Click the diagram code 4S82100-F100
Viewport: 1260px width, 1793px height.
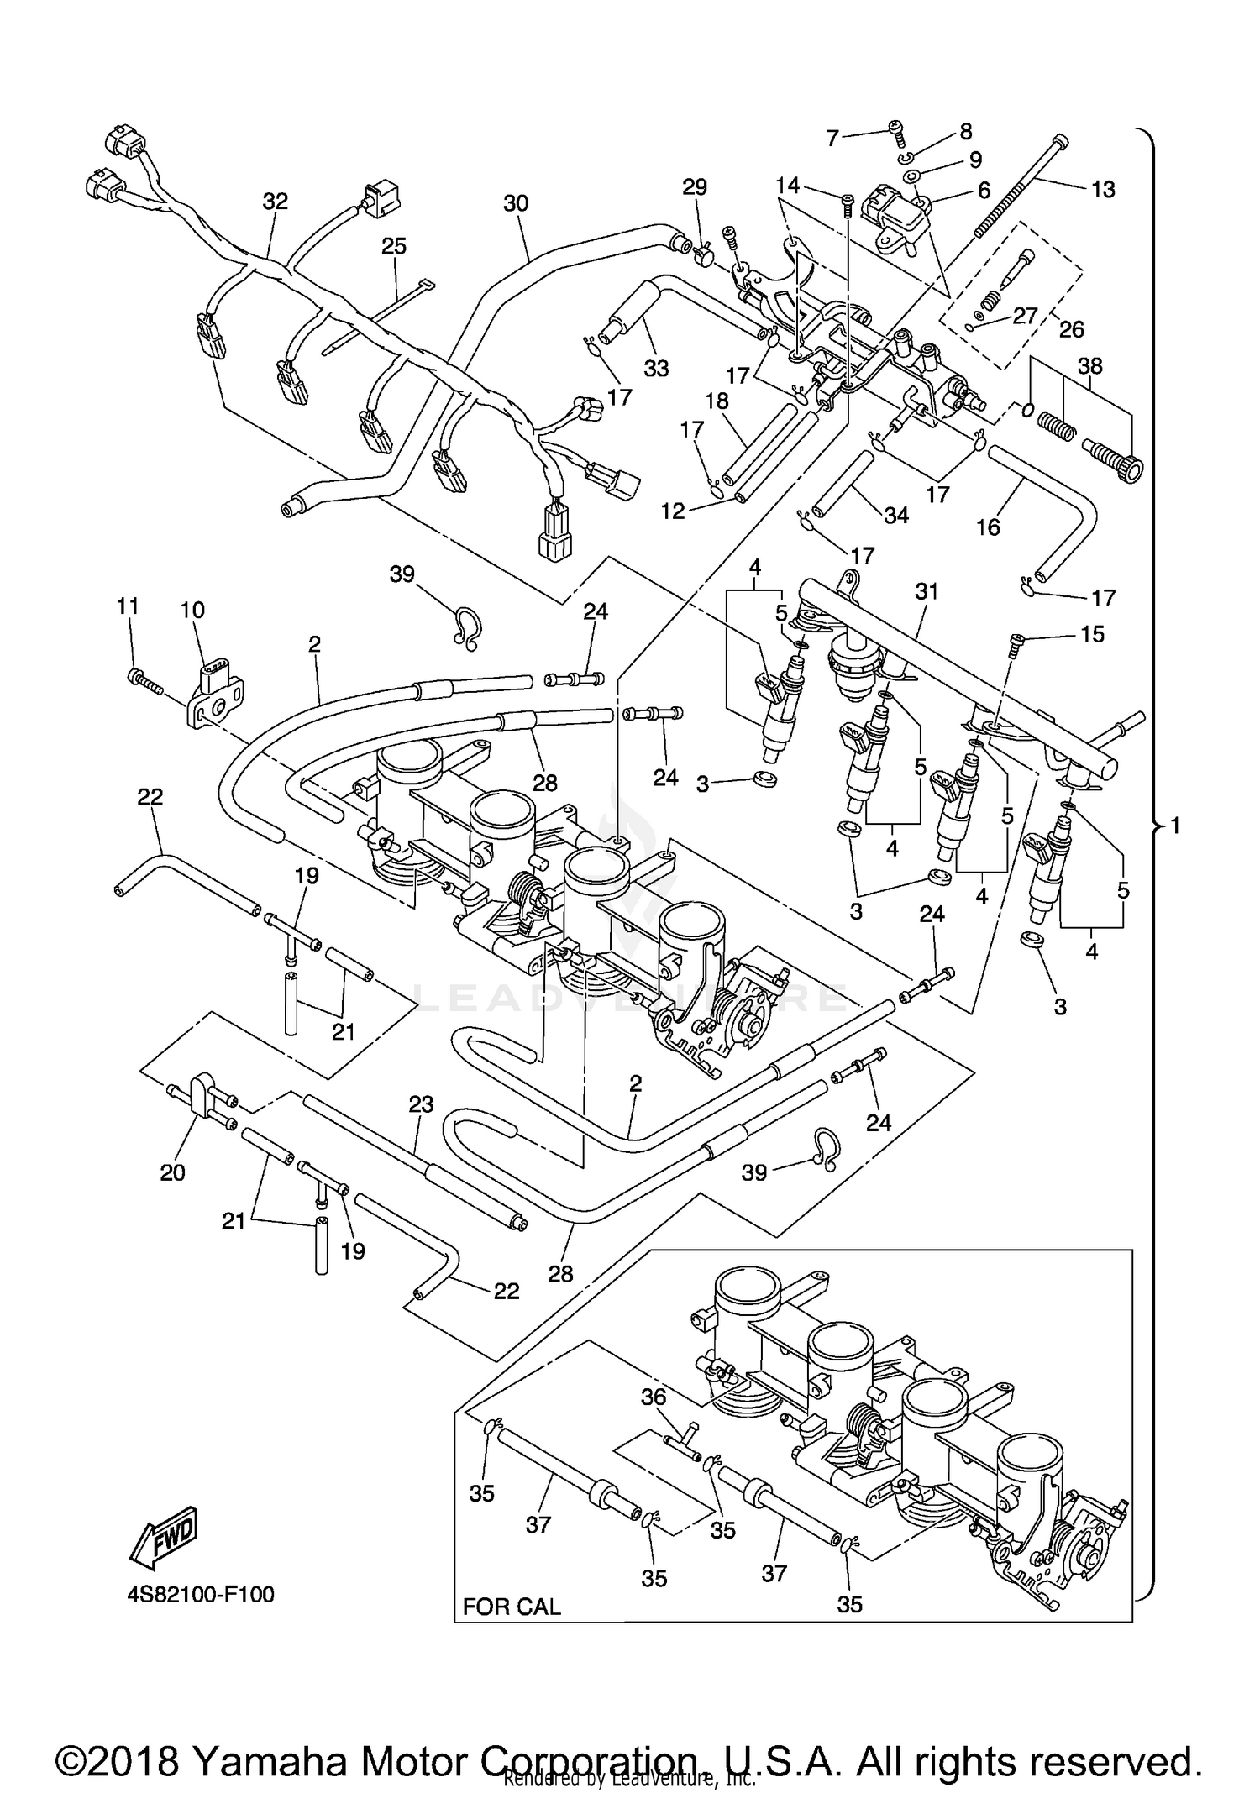click(x=201, y=1594)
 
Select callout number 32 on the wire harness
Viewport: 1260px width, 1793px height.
click(x=275, y=202)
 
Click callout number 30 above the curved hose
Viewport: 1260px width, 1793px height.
click(x=516, y=203)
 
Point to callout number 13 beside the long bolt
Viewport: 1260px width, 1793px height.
click(x=1103, y=190)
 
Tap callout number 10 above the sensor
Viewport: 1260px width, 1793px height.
click(x=192, y=611)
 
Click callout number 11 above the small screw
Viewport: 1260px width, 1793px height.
click(x=127, y=606)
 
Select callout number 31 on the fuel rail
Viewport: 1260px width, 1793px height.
click(x=926, y=591)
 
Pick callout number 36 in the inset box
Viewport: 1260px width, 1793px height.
click(x=654, y=1397)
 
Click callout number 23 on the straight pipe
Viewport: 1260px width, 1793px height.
click(x=421, y=1104)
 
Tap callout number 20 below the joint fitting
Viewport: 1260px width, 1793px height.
click(x=172, y=1172)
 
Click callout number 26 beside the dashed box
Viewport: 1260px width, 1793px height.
click(x=1072, y=328)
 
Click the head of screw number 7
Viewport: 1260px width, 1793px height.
click(x=896, y=128)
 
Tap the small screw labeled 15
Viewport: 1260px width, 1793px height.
click(x=1016, y=642)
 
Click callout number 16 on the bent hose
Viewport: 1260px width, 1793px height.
click(x=988, y=527)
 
